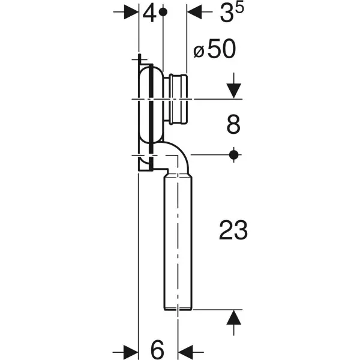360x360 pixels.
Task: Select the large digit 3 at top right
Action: pyautogui.click(x=226, y=14)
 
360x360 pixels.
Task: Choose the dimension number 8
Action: pyautogui.click(x=233, y=125)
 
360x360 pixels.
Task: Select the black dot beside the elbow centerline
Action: pyautogui.click(x=234, y=155)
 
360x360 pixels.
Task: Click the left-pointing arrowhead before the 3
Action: pyautogui.click(x=196, y=11)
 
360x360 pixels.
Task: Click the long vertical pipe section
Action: pyautogui.click(x=178, y=240)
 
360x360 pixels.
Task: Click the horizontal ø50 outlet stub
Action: pyautogui.click(x=178, y=98)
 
